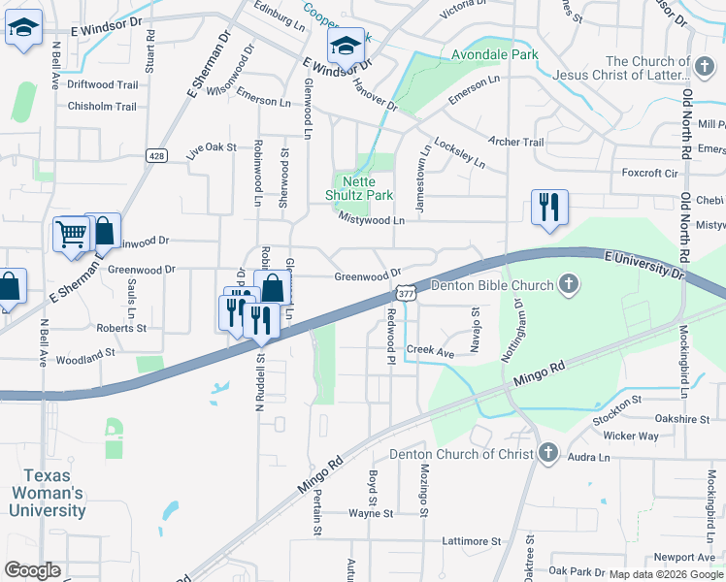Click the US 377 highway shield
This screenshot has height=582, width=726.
(x=406, y=292)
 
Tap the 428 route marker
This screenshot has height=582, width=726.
(x=156, y=155)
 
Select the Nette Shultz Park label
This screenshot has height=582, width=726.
(x=364, y=187)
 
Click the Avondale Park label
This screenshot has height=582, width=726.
(x=494, y=55)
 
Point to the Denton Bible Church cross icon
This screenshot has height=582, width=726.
(x=570, y=285)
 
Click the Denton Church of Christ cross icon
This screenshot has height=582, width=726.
(x=548, y=453)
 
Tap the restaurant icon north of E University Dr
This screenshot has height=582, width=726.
(x=549, y=206)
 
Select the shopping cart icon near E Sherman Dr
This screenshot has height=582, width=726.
(x=71, y=233)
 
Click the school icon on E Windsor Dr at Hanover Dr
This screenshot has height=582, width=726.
(x=346, y=44)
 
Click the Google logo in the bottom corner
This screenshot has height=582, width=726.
(x=32, y=570)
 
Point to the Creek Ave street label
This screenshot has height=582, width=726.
(x=430, y=349)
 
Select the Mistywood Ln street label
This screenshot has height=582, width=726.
(x=371, y=220)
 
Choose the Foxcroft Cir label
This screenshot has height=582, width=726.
(x=649, y=173)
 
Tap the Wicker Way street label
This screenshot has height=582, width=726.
(x=630, y=436)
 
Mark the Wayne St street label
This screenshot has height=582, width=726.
(x=371, y=513)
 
